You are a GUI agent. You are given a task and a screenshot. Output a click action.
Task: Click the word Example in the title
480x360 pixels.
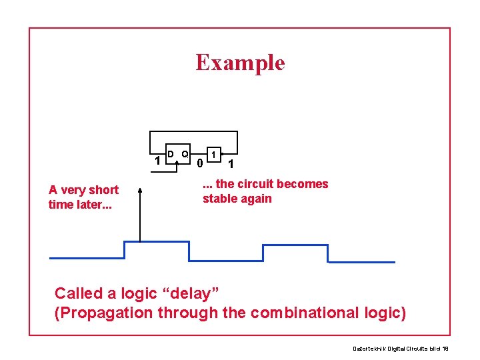[240, 62]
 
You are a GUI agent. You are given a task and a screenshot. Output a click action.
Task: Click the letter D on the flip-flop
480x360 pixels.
[171, 154]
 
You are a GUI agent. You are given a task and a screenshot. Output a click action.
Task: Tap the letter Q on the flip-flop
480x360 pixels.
[185, 154]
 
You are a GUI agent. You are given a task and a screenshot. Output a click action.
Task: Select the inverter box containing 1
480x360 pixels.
[213, 155]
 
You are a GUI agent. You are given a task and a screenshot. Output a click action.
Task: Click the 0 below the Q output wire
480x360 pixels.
[199, 163]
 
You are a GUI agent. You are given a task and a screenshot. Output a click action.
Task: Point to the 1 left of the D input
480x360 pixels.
[157, 161]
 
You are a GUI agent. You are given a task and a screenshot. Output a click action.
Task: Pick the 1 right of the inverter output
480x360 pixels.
[231, 164]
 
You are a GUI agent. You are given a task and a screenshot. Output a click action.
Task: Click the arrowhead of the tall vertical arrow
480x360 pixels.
[140, 190]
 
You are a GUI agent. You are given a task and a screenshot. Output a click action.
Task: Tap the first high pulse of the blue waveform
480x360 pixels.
[157, 241]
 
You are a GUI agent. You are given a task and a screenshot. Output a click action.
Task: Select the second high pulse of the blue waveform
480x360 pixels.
[295, 245]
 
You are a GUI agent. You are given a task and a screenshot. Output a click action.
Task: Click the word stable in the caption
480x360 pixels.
[221, 199]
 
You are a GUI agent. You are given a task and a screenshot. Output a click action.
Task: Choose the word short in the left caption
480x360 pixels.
[103, 190]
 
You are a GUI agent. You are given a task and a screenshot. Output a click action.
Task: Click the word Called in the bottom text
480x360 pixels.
[78, 293]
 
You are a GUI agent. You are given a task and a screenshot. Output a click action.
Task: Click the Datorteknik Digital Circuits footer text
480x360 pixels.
[400, 348]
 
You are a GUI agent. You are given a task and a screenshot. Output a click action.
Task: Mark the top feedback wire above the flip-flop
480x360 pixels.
[193, 132]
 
